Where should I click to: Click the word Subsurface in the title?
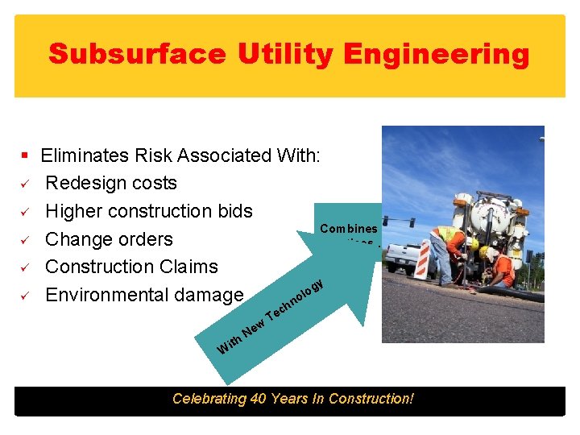(x=136, y=54)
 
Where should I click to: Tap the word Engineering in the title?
(x=436, y=54)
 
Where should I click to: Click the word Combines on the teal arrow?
(x=349, y=229)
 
